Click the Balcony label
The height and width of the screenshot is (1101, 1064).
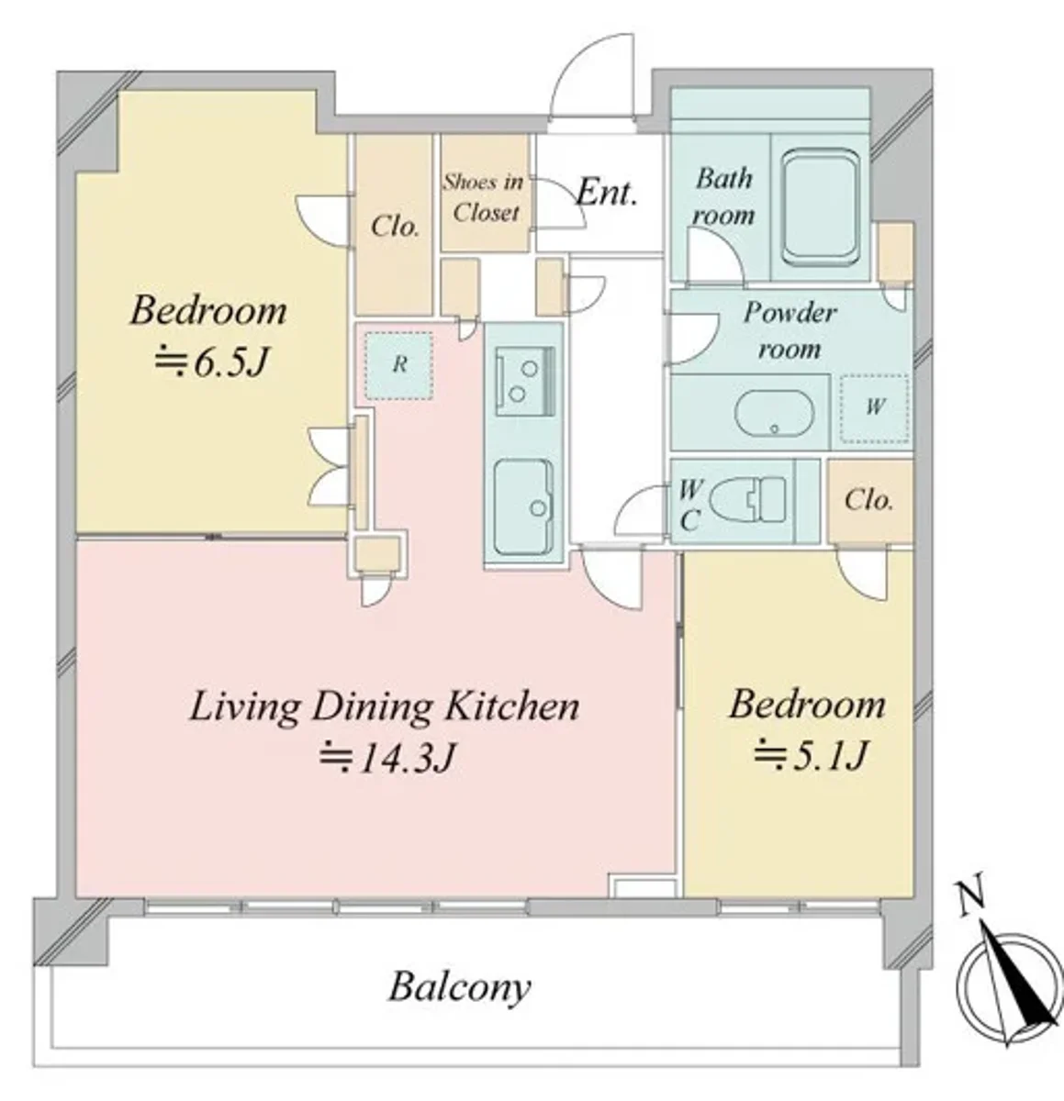click(459, 988)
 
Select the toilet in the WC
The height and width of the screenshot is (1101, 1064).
click(747, 499)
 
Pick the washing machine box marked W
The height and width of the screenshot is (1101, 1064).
click(874, 408)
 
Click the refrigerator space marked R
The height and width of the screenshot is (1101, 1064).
click(399, 365)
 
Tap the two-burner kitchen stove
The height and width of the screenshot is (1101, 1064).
click(525, 382)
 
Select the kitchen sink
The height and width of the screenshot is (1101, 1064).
click(523, 507)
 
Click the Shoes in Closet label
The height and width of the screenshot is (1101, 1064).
click(483, 197)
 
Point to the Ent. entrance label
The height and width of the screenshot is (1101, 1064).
click(607, 193)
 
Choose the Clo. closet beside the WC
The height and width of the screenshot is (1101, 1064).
click(870, 501)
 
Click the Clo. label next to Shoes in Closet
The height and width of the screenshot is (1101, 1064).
click(395, 227)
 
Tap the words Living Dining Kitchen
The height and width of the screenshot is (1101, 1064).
click(385, 707)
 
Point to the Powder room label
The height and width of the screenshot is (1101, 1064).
click(790, 330)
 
